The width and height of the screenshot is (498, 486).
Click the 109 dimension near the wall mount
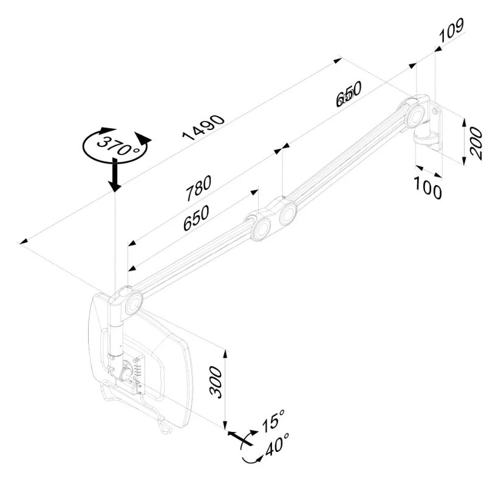[x=452, y=31]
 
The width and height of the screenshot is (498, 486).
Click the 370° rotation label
[x=117, y=145]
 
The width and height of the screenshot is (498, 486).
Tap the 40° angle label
[x=276, y=448]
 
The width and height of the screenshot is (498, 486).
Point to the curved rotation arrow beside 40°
[x=247, y=454]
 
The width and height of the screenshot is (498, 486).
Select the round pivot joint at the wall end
[x=416, y=114]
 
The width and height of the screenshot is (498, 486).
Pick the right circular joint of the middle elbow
[x=286, y=213]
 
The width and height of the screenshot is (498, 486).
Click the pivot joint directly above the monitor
[x=129, y=301]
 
